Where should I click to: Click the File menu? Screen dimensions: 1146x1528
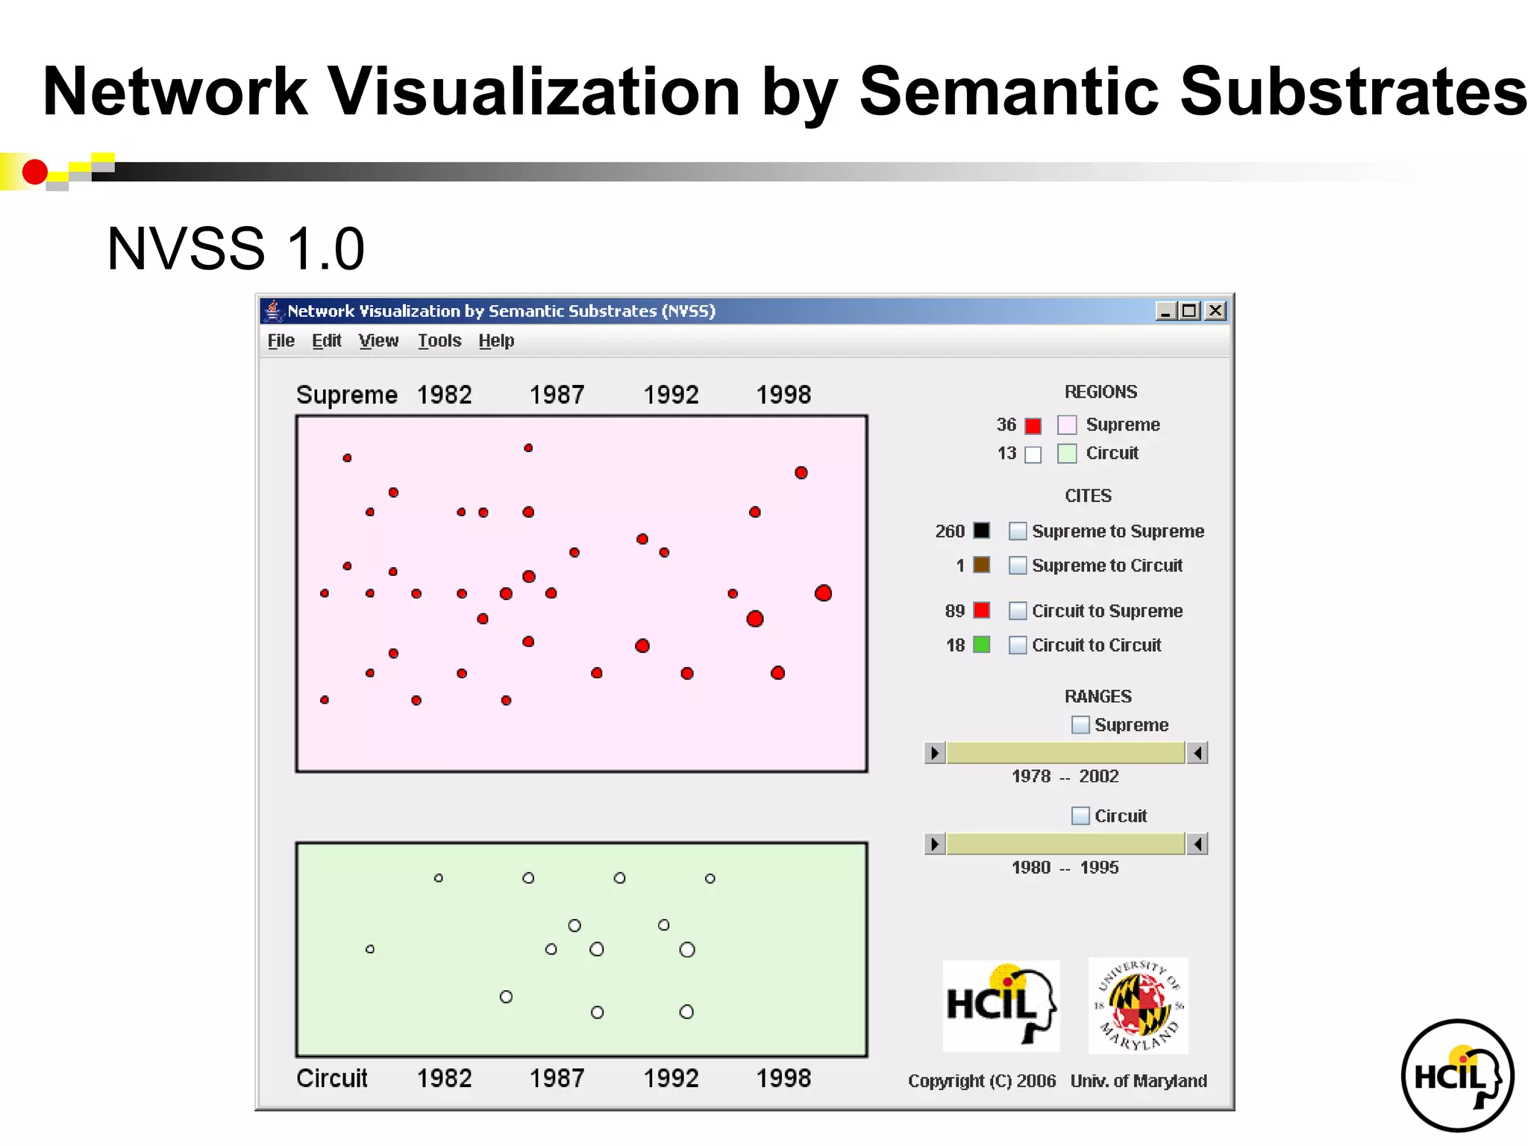pyautogui.click(x=281, y=341)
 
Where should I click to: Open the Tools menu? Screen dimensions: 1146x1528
pyautogui.click(x=439, y=341)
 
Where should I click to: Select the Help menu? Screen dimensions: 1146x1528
pyautogui.click(x=496, y=341)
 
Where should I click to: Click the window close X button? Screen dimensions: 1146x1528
pyautogui.click(x=1215, y=311)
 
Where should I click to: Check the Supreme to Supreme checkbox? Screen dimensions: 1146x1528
pyautogui.click(x=1018, y=531)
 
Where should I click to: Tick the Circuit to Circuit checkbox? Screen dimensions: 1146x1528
pyautogui.click(x=1018, y=645)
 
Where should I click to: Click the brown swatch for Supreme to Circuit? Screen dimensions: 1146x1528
pyautogui.click(x=982, y=565)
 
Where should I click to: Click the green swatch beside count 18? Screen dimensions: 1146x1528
pyautogui.click(x=982, y=645)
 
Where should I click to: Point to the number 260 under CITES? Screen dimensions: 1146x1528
pyautogui.click(x=949, y=531)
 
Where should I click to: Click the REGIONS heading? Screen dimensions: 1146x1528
pyautogui.click(x=1100, y=392)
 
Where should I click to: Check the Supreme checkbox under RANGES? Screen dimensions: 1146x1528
pyautogui.click(x=1080, y=725)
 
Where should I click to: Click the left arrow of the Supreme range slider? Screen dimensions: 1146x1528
pyautogui.click(x=935, y=753)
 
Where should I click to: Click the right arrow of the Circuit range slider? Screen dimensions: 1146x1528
pyautogui.click(x=1197, y=844)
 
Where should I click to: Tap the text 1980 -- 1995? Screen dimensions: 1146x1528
pyautogui.click(x=1065, y=868)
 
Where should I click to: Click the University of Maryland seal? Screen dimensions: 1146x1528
pyautogui.click(x=1139, y=1006)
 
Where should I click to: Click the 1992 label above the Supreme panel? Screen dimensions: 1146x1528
pyautogui.click(x=671, y=395)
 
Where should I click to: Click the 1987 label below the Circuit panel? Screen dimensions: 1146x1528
pyautogui.click(x=557, y=1078)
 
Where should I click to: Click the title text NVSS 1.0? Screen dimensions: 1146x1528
pyautogui.click(x=236, y=248)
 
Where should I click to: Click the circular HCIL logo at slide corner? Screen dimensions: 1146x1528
pyautogui.click(x=1457, y=1075)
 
